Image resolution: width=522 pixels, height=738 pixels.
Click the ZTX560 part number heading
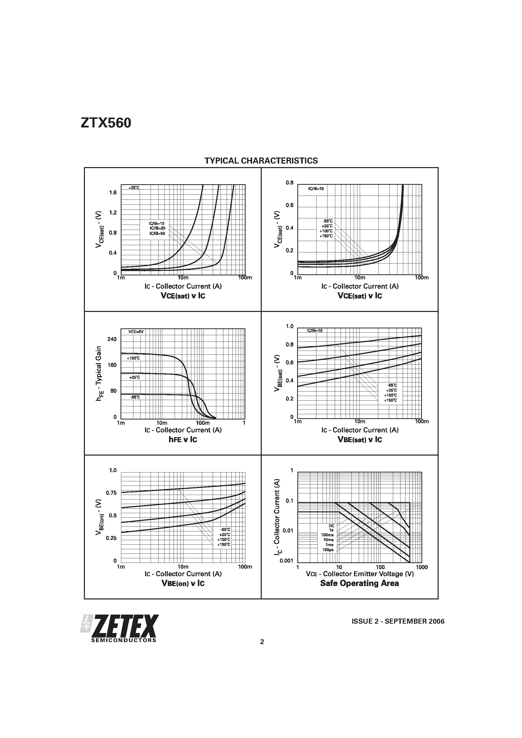coord(106,123)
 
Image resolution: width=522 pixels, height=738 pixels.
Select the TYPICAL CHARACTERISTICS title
coord(261,161)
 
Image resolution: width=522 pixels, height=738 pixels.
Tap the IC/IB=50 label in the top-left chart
coord(157,233)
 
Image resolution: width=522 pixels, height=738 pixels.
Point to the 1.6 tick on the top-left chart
coord(113,193)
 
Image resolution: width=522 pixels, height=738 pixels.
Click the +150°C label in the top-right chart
coord(326,236)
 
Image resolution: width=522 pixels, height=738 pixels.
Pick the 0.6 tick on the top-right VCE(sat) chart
coord(290,205)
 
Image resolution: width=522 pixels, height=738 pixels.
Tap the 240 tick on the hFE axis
coord(112,339)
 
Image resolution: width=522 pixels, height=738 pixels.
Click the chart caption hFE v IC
coord(183,439)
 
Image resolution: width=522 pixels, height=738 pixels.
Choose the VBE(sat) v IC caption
coord(360,439)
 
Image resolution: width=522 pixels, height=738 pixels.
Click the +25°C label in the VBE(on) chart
coord(225,535)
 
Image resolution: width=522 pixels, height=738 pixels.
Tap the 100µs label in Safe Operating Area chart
coord(328,550)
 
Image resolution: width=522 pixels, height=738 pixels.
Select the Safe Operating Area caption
coord(360,583)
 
